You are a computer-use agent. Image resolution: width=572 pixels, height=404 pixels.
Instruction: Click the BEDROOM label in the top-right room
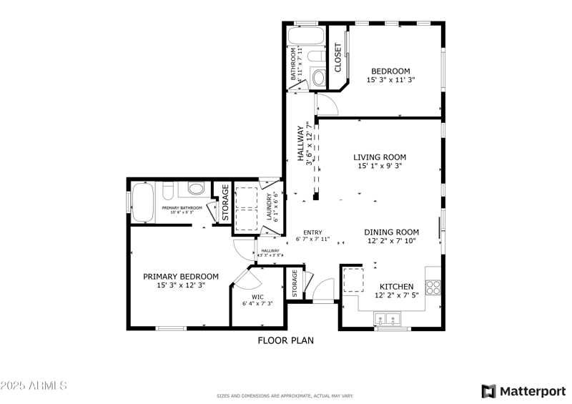pos(390,71)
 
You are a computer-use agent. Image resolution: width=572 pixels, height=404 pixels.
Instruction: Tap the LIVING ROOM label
pos(380,157)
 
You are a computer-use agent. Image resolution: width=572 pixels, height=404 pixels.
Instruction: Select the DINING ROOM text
pos(391,232)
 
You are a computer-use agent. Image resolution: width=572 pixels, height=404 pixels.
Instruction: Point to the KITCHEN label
pos(396,286)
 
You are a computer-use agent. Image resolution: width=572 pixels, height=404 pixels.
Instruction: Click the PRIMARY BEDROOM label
pos(181,277)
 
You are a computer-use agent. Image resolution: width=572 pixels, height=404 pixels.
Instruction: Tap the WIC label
pos(257,296)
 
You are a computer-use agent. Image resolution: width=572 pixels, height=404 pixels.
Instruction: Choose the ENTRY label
pos(312,232)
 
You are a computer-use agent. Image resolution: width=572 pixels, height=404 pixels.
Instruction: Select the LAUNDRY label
pos(270,207)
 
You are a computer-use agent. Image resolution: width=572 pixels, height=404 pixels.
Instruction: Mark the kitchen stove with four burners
pos(433,287)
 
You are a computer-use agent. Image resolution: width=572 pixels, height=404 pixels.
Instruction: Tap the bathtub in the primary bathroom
pos(141,205)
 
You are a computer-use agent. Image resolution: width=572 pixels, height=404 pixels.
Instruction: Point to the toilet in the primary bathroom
pos(167,191)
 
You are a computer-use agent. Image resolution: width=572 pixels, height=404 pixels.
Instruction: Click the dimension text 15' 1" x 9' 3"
pos(380,167)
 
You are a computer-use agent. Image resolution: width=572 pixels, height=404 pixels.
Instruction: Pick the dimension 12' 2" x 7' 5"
pos(396,295)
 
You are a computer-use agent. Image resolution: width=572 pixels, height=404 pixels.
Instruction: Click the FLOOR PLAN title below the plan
pos(285,341)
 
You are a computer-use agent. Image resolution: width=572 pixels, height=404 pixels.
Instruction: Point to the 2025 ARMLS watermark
pos(34,385)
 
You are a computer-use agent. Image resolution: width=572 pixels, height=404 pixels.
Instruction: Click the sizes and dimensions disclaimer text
pos(285,395)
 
